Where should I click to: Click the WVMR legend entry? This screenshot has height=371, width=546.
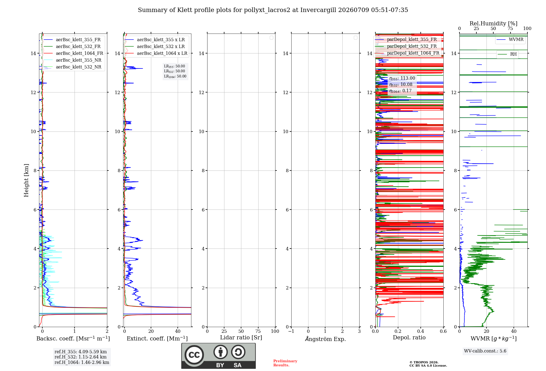[510, 40]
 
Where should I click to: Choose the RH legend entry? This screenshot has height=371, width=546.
[507, 54]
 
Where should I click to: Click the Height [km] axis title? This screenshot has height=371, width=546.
[26, 180]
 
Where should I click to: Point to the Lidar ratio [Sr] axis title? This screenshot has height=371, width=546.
[241, 338]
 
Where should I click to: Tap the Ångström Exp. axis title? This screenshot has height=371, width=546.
[325, 339]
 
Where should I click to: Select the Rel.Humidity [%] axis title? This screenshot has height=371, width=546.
[494, 23]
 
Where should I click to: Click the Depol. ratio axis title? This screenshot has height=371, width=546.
[409, 338]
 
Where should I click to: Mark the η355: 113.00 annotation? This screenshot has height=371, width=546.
[402, 78]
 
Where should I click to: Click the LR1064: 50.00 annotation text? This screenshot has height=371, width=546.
[175, 76]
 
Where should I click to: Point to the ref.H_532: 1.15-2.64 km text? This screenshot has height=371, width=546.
[81, 357]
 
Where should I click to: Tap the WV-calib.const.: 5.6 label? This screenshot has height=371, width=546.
[485, 351]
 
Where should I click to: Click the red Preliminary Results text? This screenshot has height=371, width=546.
[285, 363]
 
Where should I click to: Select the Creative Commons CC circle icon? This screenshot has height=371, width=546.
[194, 355]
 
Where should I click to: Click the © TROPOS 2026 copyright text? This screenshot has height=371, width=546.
[424, 362]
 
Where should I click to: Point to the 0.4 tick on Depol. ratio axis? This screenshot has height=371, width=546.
[421, 331]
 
